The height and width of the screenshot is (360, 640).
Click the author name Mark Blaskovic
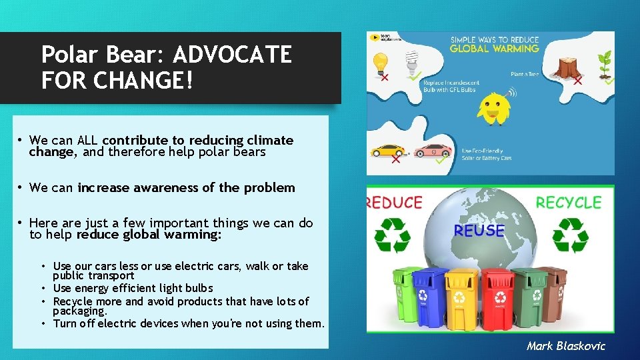click(565, 345)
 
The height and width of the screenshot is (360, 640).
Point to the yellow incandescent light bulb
click(381, 63)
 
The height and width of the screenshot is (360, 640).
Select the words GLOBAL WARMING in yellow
click(494, 49)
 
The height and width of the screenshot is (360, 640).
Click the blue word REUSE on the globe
click(479, 231)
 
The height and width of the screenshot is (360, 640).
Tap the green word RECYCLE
click(569, 203)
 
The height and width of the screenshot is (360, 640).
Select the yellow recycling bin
click(461, 298)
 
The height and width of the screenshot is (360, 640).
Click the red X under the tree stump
click(577, 81)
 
